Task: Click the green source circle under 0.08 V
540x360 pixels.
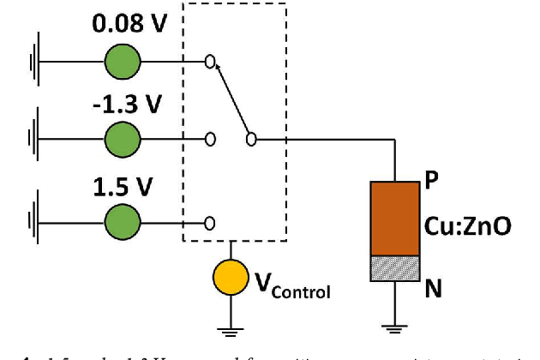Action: (x=123, y=62)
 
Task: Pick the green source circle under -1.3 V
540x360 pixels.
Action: (x=123, y=137)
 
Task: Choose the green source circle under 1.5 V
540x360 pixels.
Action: (x=123, y=223)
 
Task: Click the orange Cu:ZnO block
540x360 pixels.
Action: (x=395, y=218)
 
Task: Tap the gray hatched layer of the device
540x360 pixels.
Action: (x=395, y=268)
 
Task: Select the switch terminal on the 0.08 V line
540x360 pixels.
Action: (x=209, y=62)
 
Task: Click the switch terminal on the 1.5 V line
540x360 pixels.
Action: (x=209, y=223)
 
